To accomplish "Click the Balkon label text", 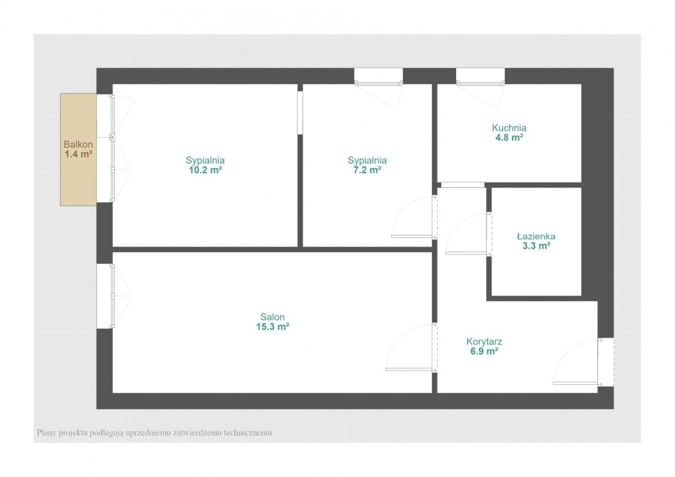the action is point(78,144).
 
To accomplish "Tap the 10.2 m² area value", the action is point(205,170).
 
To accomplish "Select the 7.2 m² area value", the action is point(367,170).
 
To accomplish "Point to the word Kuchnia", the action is point(509,128).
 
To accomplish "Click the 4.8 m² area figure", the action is point(509,138).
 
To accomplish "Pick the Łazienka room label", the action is point(536,236).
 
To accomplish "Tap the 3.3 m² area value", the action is point(536,246).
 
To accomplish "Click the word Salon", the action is point(272,317).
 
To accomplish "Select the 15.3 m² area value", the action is point(272,326).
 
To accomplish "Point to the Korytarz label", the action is point(484,342).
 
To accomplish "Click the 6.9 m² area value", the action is point(484,351).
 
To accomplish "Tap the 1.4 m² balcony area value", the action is point(78,154).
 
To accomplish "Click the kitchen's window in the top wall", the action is point(480,76).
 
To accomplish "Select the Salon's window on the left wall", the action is point(105,296).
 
